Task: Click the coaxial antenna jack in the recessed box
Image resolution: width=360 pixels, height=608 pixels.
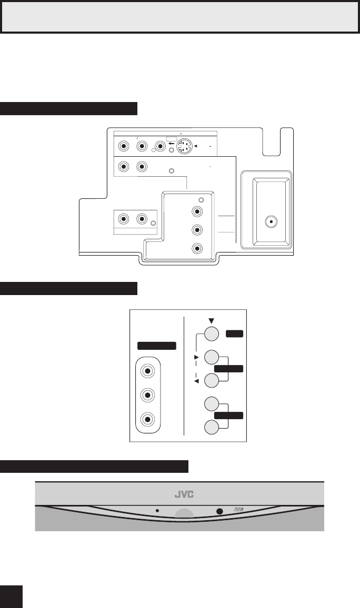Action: [271, 221]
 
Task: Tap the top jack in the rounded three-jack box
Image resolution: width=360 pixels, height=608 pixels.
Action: [148, 371]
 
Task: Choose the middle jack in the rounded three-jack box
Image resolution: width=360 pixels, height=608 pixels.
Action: [148, 395]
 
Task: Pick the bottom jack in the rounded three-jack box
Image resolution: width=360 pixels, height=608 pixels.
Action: [148, 419]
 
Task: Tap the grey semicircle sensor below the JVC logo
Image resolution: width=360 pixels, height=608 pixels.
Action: [184, 514]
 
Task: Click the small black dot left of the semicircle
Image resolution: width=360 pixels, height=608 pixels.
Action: [157, 510]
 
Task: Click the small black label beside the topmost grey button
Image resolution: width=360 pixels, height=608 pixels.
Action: [234, 334]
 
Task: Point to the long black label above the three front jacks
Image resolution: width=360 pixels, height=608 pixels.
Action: [156, 346]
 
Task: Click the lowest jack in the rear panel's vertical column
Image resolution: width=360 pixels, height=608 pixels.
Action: [197, 248]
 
